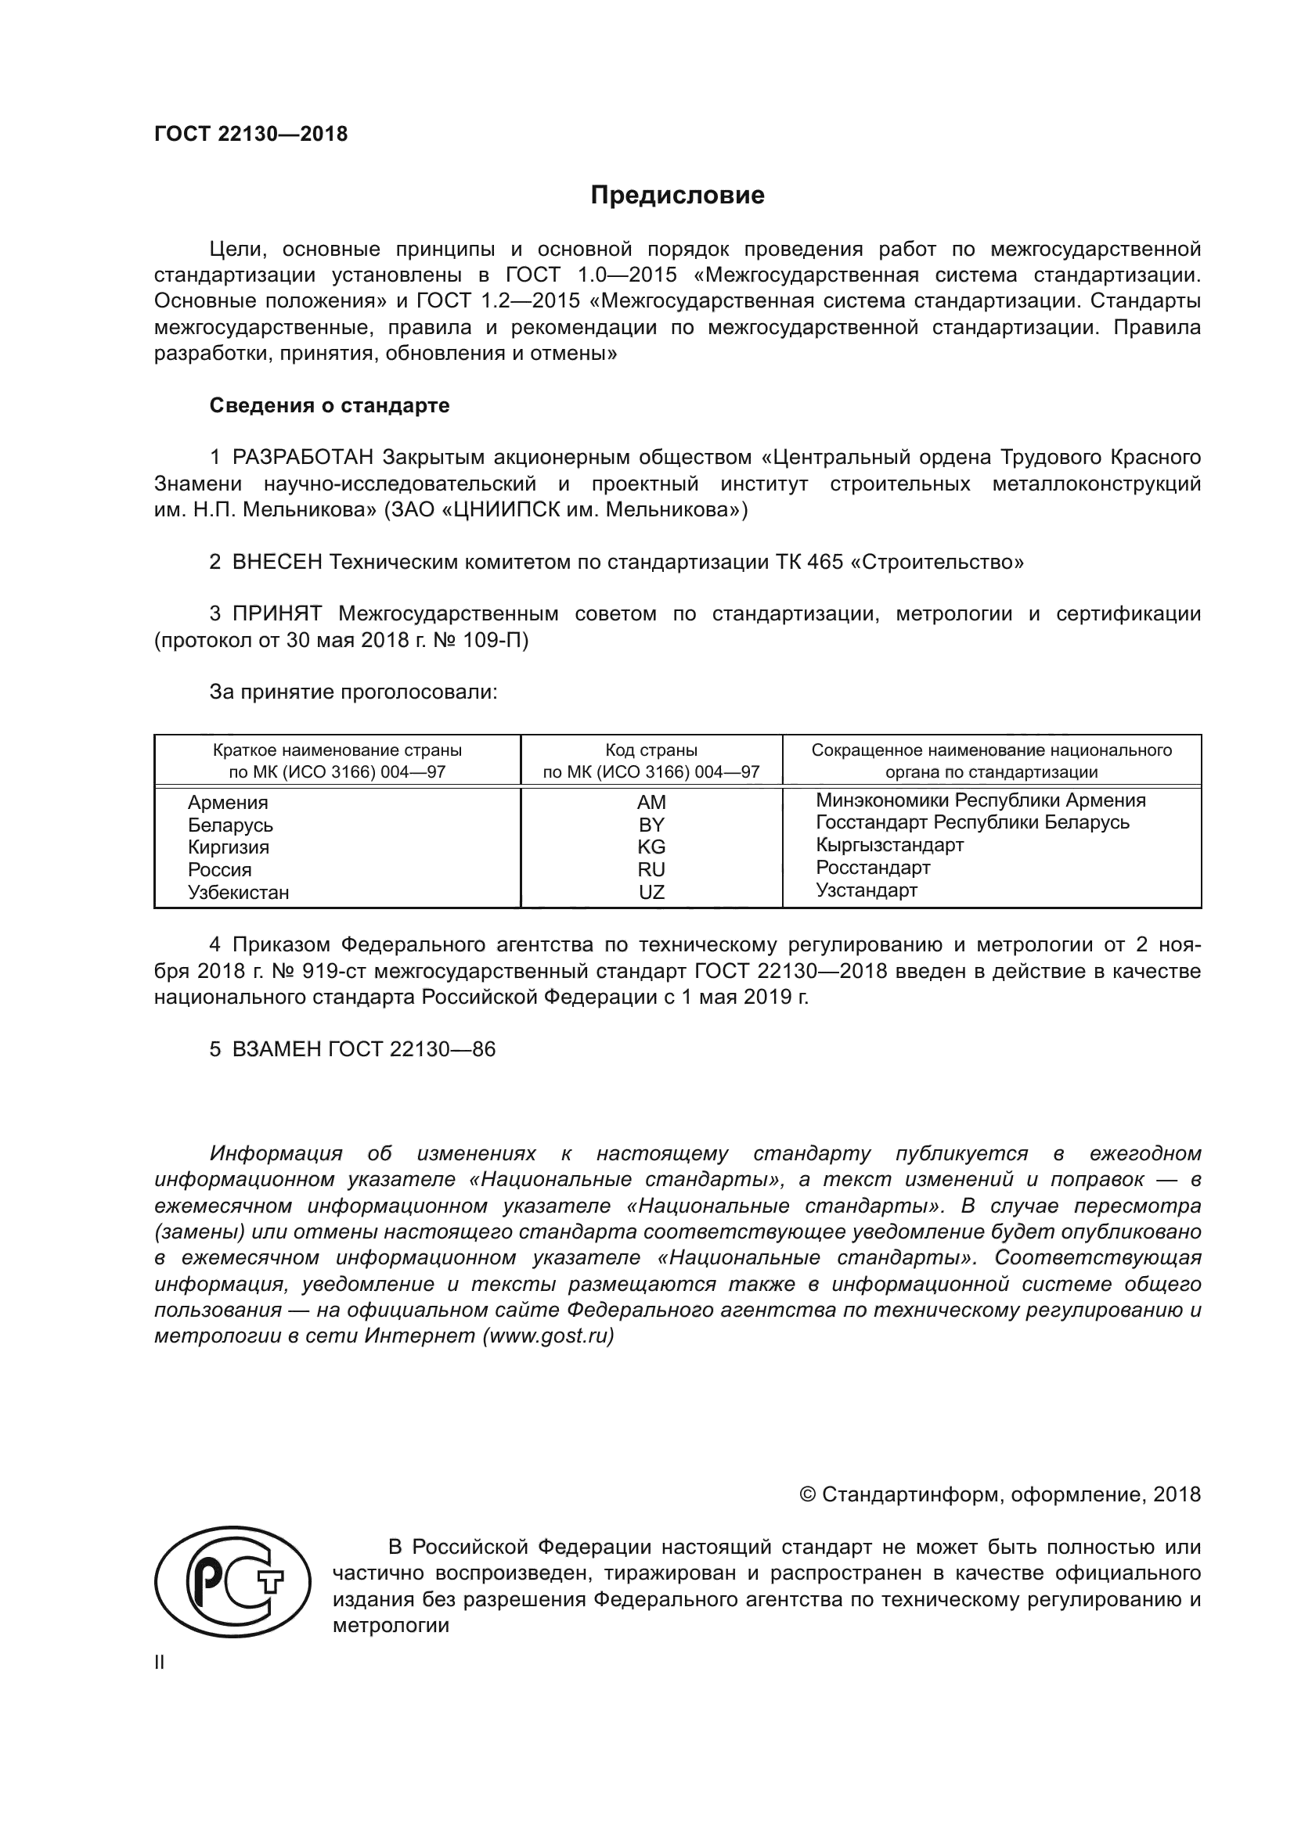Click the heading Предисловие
point(677,196)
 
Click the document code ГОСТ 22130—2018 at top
point(251,134)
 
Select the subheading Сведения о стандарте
point(330,406)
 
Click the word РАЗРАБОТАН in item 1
point(303,458)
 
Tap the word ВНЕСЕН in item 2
point(276,562)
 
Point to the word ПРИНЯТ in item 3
point(276,613)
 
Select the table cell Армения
point(228,803)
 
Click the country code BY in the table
point(651,825)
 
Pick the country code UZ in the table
point(651,892)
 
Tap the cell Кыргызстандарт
point(890,845)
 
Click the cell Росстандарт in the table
point(873,867)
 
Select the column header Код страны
point(651,751)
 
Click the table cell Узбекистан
point(239,892)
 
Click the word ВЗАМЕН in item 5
point(276,1049)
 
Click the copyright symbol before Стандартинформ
point(807,1494)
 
